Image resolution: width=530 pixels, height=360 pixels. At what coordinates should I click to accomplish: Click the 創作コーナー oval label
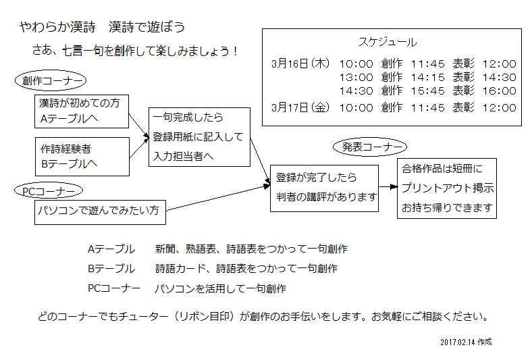(x=51, y=80)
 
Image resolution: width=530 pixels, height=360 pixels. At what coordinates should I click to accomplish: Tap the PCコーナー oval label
(x=49, y=190)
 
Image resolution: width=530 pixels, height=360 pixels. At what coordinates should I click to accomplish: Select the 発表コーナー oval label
(x=370, y=147)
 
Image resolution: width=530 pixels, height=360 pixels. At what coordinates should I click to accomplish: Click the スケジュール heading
(x=388, y=42)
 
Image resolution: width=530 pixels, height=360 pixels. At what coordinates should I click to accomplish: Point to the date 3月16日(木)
(x=300, y=63)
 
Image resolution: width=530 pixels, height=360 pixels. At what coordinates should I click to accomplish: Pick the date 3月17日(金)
(x=300, y=107)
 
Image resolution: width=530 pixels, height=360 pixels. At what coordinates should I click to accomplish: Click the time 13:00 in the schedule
(x=356, y=78)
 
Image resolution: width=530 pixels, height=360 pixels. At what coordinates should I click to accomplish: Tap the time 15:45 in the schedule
(x=428, y=91)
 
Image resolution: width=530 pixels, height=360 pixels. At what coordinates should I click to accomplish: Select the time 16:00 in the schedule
(x=500, y=91)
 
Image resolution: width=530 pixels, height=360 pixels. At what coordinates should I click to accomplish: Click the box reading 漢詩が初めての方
(x=82, y=111)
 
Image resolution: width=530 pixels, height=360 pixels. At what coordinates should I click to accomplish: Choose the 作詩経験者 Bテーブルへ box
(x=82, y=157)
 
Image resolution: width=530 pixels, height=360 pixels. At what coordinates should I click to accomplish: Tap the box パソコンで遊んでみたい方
(x=100, y=212)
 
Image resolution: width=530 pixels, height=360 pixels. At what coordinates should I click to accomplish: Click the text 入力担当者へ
(x=183, y=156)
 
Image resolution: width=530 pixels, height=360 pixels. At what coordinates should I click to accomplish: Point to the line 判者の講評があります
(x=326, y=197)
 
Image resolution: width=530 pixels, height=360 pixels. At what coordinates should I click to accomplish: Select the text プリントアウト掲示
(x=448, y=188)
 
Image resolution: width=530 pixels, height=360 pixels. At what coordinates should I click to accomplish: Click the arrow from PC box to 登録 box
(x=218, y=198)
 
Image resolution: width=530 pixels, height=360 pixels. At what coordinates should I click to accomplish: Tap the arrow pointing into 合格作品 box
(x=388, y=186)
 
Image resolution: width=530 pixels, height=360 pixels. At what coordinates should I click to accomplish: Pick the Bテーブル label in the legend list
(x=111, y=268)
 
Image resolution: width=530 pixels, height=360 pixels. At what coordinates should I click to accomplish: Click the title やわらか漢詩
(x=57, y=27)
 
